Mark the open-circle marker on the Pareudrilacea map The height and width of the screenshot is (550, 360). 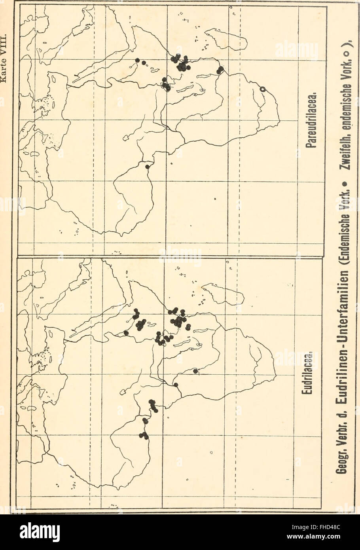point(262,90)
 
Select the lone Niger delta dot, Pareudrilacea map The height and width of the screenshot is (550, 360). point(148,167)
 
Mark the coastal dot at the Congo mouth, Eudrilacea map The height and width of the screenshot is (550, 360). point(176,384)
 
